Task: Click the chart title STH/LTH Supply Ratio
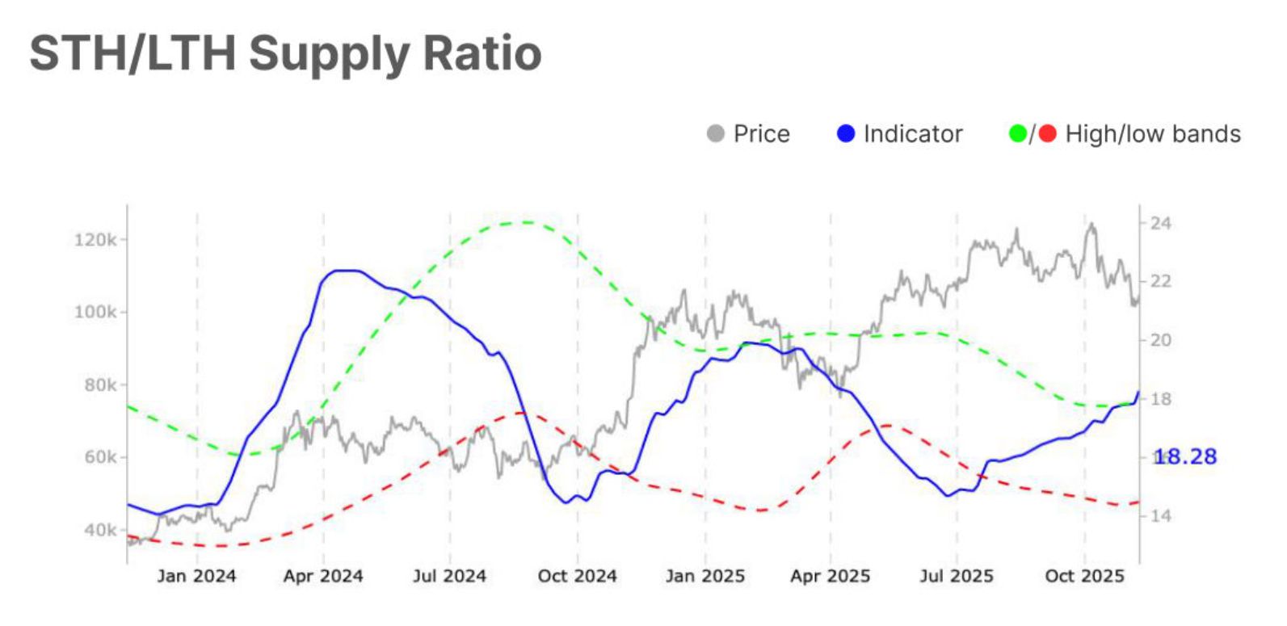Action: point(285,53)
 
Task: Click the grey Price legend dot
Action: point(715,133)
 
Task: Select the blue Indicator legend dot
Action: point(845,133)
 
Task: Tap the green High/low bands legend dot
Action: point(1018,133)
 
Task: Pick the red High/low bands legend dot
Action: point(1047,133)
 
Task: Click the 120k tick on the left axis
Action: point(95,240)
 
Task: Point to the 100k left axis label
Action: point(95,312)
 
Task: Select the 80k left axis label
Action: point(99,384)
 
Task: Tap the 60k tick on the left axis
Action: point(99,457)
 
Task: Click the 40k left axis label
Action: point(99,530)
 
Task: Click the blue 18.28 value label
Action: point(1185,456)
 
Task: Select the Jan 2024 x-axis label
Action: point(196,576)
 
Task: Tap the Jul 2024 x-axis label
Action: point(449,576)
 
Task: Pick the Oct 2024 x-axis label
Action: point(577,576)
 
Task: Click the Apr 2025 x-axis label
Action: point(830,576)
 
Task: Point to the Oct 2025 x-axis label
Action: point(1084,576)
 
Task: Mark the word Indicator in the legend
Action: point(913,133)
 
